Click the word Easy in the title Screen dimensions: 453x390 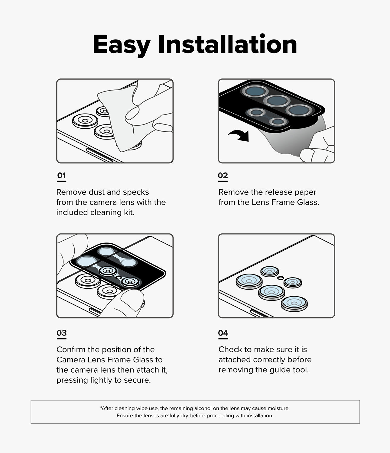(121, 45)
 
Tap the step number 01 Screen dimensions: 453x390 (61, 175)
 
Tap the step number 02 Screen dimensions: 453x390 (223, 175)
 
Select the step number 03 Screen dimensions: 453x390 (61, 333)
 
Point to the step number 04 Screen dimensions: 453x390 (223, 333)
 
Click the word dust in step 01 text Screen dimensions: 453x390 (96, 192)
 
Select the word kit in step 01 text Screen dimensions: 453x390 (129, 212)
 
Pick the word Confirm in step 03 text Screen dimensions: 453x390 (71, 349)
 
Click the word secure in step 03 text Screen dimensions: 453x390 (137, 380)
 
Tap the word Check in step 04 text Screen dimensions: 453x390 (230, 349)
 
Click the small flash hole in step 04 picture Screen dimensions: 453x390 (281, 278)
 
